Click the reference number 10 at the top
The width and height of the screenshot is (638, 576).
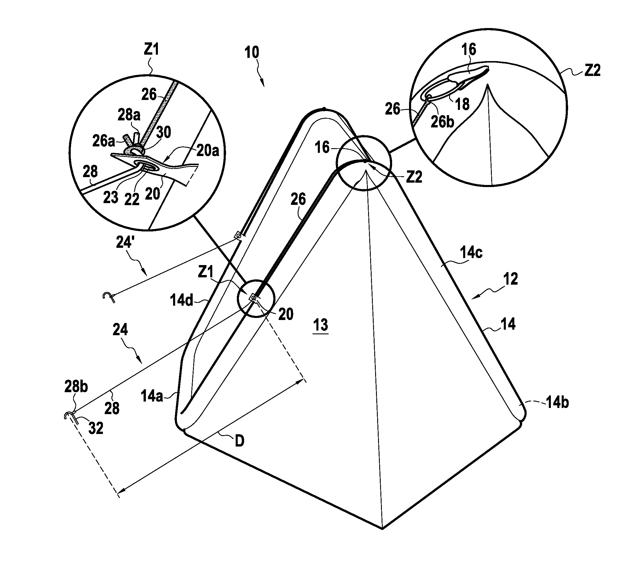[252, 52]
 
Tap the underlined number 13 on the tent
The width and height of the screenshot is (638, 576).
[320, 325]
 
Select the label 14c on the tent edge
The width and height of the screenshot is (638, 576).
[471, 253]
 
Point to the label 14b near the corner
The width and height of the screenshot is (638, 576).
[557, 403]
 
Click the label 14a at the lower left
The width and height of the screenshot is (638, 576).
[152, 396]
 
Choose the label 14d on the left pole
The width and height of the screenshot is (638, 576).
[182, 300]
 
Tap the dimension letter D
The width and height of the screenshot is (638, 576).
[239, 441]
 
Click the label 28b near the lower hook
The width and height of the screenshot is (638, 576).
[76, 387]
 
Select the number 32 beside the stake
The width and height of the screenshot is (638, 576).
[96, 428]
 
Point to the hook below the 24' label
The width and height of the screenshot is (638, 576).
[108, 297]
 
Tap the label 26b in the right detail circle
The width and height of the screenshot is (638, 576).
[442, 122]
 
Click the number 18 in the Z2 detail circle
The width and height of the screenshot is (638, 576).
[462, 104]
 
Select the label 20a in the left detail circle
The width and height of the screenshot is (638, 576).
[208, 150]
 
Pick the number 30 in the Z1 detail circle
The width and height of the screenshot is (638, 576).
[164, 132]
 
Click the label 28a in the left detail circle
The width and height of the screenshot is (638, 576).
[129, 115]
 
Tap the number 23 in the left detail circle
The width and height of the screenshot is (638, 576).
[111, 197]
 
